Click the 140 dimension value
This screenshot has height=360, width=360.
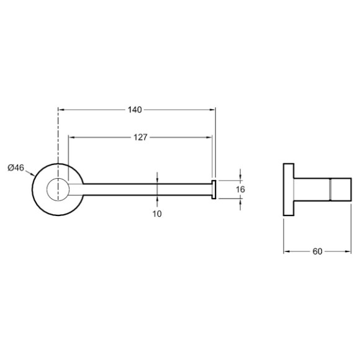[x=135, y=110]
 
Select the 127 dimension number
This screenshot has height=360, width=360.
[x=140, y=137]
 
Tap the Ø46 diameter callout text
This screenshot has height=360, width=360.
[x=16, y=168]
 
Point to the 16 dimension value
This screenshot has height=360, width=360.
[x=240, y=189]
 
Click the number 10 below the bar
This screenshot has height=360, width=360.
[x=157, y=214]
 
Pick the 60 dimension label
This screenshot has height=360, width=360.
[x=317, y=251]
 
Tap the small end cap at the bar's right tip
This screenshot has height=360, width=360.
[x=214, y=190]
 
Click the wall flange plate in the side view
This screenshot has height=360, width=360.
[x=289, y=190]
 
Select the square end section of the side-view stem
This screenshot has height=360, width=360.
[x=341, y=190]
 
